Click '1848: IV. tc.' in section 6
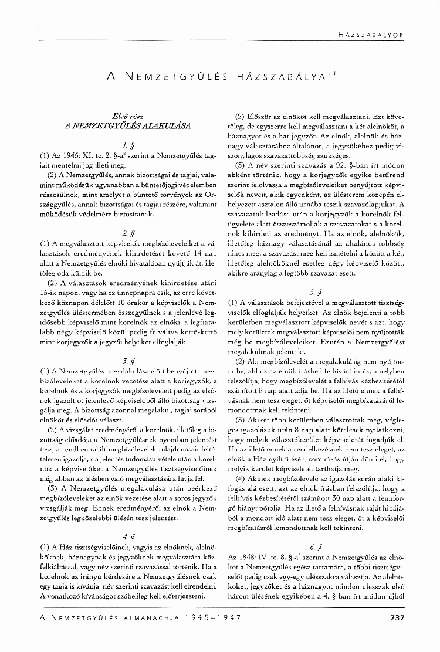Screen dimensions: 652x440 (x=268, y=545)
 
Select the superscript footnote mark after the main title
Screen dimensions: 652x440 (x=334, y=72)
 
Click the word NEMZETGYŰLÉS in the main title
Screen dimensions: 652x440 (x=177, y=76)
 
